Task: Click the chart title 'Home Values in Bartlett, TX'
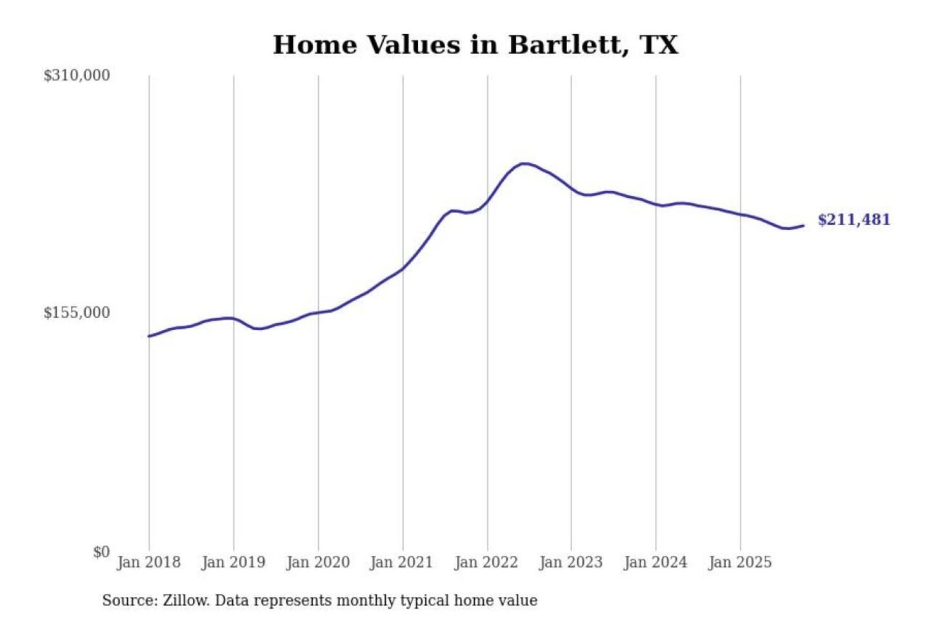tap(475, 45)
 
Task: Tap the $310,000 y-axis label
tap(77, 75)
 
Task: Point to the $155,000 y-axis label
tap(77, 313)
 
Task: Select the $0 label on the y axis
tap(101, 552)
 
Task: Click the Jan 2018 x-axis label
tap(148, 562)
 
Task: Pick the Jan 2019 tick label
tap(233, 562)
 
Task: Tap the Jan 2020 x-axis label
tap(317, 562)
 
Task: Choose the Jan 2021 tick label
tap(401, 562)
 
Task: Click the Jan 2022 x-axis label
tap(486, 562)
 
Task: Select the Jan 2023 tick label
tap(570, 562)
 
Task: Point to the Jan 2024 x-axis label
tap(655, 562)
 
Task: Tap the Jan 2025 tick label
tap(739, 562)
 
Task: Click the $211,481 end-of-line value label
tap(854, 220)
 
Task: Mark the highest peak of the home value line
tap(525, 164)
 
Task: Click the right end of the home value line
tap(803, 226)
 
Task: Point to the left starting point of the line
tap(149, 336)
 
